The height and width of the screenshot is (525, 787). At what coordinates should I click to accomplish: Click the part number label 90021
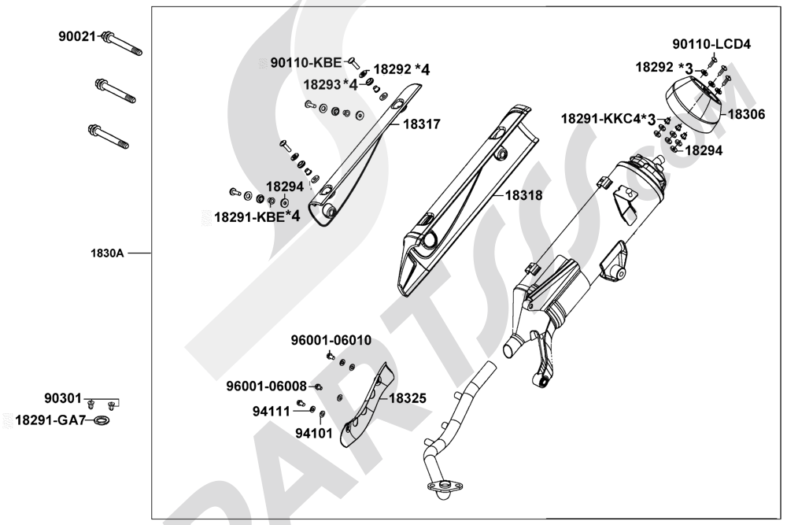pos(76,36)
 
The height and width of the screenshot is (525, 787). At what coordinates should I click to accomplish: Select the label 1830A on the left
pos(107,254)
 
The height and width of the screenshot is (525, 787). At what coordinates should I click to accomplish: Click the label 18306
pos(746,113)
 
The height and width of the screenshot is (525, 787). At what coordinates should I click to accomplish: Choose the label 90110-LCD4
pos(711,44)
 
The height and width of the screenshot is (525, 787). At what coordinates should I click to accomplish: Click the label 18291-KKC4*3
pos(608,119)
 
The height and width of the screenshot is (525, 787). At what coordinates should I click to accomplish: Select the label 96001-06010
pos(332,341)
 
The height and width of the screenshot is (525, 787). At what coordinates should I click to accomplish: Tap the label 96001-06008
pos(267,386)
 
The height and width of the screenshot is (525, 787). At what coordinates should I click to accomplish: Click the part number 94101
pos(314,434)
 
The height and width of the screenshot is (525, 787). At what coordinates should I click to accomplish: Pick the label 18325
pos(408,399)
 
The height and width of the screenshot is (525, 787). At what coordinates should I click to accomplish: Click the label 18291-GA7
pos(49,421)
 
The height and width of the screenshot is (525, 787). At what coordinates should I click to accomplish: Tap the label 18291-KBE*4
pos(257,216)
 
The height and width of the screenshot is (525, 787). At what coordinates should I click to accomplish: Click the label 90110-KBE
pos(306,62)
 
